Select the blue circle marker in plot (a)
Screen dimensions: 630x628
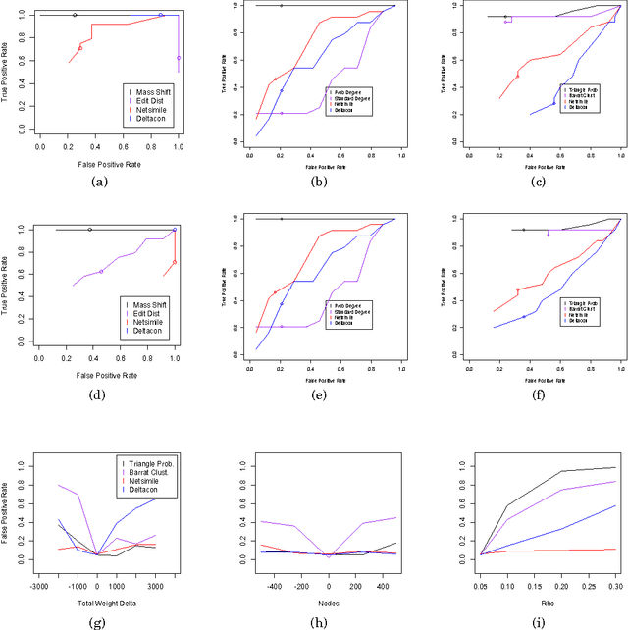point(161,16)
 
